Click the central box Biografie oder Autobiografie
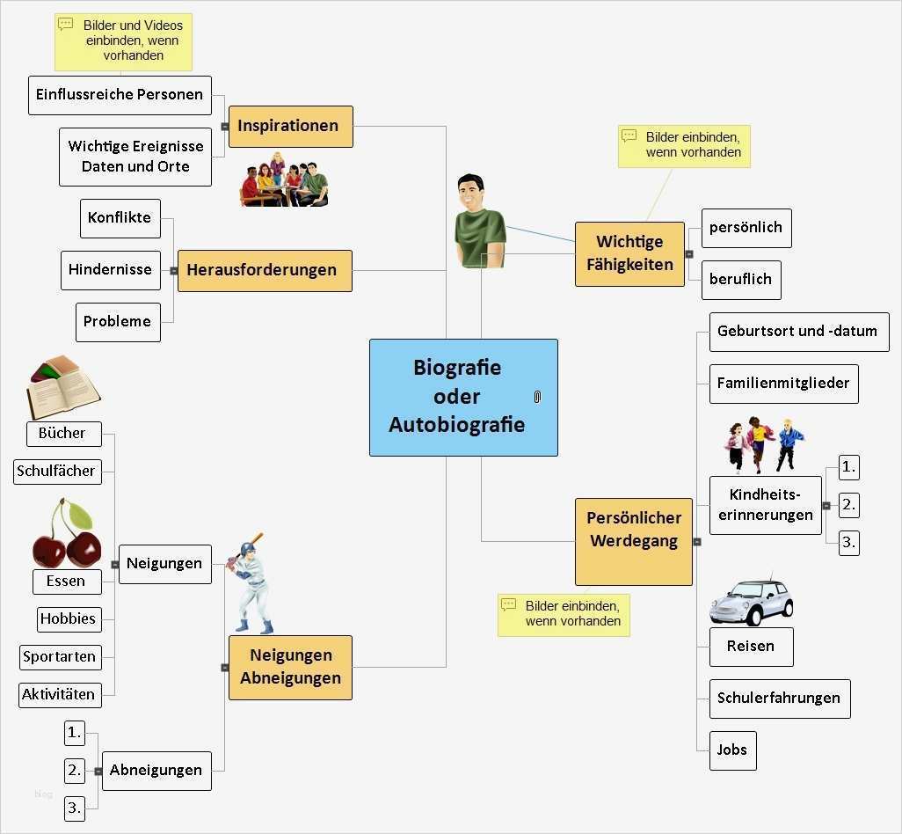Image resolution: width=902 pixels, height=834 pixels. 463,398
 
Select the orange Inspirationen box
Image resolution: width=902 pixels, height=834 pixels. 290,126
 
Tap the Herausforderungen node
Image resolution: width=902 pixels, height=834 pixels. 265,270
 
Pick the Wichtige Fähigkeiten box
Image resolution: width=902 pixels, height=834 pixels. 629,253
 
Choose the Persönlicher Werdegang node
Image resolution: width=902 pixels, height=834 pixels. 633,530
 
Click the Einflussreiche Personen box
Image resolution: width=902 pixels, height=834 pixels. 120,95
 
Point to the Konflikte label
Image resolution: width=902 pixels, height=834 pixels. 120,218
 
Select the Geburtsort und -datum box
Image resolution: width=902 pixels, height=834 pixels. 798,332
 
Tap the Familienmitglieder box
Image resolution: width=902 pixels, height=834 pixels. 783,384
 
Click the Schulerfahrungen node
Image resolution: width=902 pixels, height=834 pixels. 779,699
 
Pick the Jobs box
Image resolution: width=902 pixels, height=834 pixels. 732,750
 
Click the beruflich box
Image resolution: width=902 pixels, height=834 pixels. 741,280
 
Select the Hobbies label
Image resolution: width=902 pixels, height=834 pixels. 68,618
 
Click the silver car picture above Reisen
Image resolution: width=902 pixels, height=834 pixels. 752,602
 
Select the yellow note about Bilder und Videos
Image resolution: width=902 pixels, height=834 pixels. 123,41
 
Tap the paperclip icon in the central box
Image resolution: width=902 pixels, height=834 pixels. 537,397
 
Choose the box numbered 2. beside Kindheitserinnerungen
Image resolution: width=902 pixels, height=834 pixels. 848,505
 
